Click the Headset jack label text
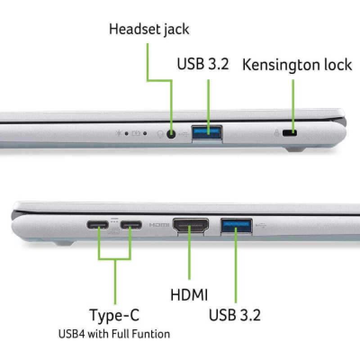click(x=149, y=30)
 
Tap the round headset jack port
click(x=171, y=134)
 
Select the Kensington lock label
click(x=297, y=65)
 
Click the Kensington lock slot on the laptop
click(x=290, y=133)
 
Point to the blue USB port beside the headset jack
click(x=207, y=133)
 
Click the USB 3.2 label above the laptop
click(x=203, y=63)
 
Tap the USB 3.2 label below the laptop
click(x=234, y=315)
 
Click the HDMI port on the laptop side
click(x=190, y=225)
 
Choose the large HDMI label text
click(x=189, y=295)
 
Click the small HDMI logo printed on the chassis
click(x=159, y=225)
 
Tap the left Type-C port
click(x=98, y=225)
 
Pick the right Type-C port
click(x=131, y=225)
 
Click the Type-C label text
click(x=114, y=315)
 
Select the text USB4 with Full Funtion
click(x=114, y=334)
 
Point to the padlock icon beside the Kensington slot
click(x=277, y=133)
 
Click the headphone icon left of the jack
click(x=160, y=134)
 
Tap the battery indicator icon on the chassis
click(x=136, y=133)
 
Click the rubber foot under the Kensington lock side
click(x=295, y=149)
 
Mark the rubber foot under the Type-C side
click(x=63, y=243)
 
